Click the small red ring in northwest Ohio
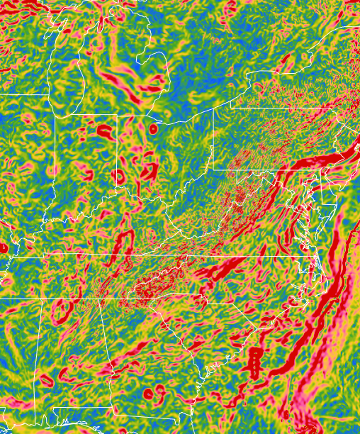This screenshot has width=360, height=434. tap(153, 129)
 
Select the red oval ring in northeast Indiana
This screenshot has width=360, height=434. tap(105, 131)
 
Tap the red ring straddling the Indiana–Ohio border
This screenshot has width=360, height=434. tap(118, 176)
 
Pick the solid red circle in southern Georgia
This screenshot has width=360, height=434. tap(148, 392)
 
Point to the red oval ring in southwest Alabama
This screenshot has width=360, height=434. tap(47, 381)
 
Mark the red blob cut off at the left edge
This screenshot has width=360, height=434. tap(3, 247)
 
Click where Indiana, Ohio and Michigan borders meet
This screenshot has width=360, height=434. tap(117, 116)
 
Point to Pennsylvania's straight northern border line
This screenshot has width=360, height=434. tap(283, 108)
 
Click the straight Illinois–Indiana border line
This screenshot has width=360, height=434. tap(55, 163)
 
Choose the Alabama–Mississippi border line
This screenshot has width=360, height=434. tap(36, 355)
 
